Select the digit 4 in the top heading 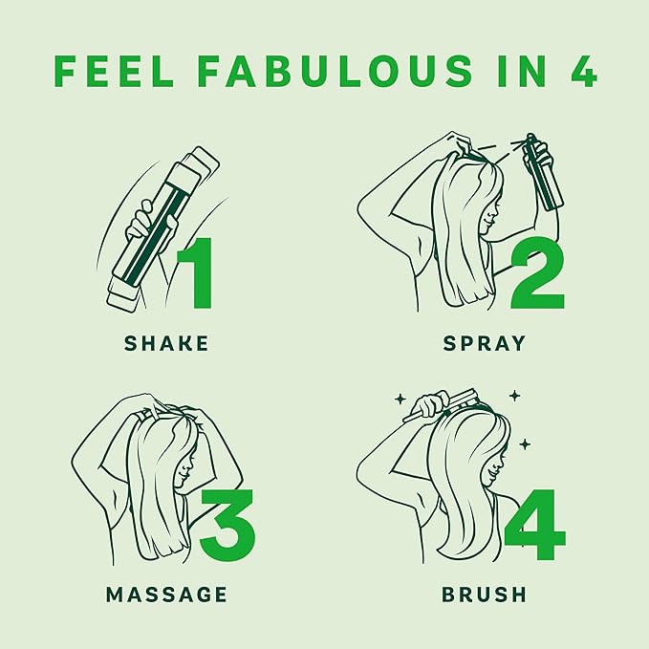pyautogui.click(x=583, y=71)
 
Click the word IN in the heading pyautogui.click(x=522, y=71)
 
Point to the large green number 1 pyautogui.click(x=196, y=273)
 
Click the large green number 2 pyautogui.click(x=537, y=275)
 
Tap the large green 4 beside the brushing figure pyautogui.click(x=534, y=524)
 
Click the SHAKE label pyautogui.click(x=166, y=343)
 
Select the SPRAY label pyautogui.click(x=485, y=343)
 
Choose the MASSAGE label pyautogui.click(x=166, y=595)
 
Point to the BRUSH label pyautogui.click(x=485, y=595)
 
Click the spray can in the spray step pyautogui.click(x=542, y=172)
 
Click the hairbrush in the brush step pyautogui.click(x=445, y=404)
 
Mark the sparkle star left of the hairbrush pyautogui.click(x=400, y=399)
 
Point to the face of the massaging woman pyautogui.click(x=184, y=469)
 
